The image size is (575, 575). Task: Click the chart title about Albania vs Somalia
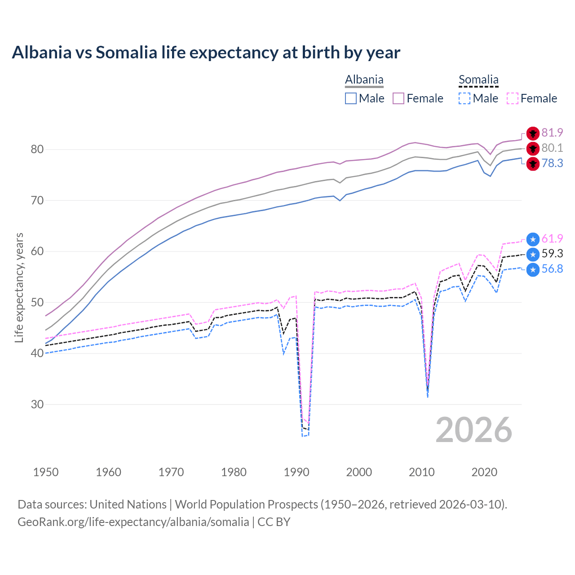click(206, 53)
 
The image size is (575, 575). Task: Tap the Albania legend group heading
click(364, 80)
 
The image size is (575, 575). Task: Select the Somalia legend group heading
click(478, 80)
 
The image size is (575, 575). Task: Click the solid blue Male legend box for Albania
click(351, 98)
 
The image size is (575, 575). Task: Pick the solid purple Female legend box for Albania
click(398, 98)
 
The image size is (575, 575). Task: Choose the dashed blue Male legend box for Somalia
click(464, 98)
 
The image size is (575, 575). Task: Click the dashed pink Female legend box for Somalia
click(513, 98)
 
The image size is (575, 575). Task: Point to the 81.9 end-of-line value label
click(552, 133)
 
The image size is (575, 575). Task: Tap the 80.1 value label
click(552, 148)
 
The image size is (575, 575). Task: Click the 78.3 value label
click(552, 163)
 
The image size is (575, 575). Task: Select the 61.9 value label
click(552, 239)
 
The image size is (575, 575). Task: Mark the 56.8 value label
click(552, 269)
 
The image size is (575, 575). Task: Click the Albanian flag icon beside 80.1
click(533, 148)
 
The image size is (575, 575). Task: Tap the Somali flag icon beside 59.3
click(533, 254)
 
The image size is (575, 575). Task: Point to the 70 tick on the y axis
click(37, 200)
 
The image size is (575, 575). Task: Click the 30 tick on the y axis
click(37, 404)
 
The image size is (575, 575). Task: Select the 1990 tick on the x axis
click(296, 472)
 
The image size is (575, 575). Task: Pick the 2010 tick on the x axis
click(421, 472)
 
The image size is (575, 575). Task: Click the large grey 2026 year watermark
click(473, 430)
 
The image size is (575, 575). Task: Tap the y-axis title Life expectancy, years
click(19, 287)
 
